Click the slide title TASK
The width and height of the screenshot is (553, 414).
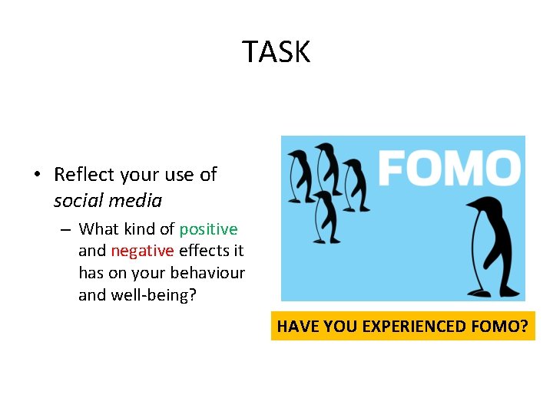pos(276,52)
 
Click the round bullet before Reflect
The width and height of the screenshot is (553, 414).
pos(37,175)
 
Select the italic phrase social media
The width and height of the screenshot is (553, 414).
pos(108,201)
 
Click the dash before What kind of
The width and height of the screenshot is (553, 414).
pos(66,229)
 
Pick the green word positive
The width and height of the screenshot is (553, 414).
pos(208,229)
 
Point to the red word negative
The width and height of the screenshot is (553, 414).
pos(142,251)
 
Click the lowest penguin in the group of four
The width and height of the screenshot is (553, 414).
pos(326,216)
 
